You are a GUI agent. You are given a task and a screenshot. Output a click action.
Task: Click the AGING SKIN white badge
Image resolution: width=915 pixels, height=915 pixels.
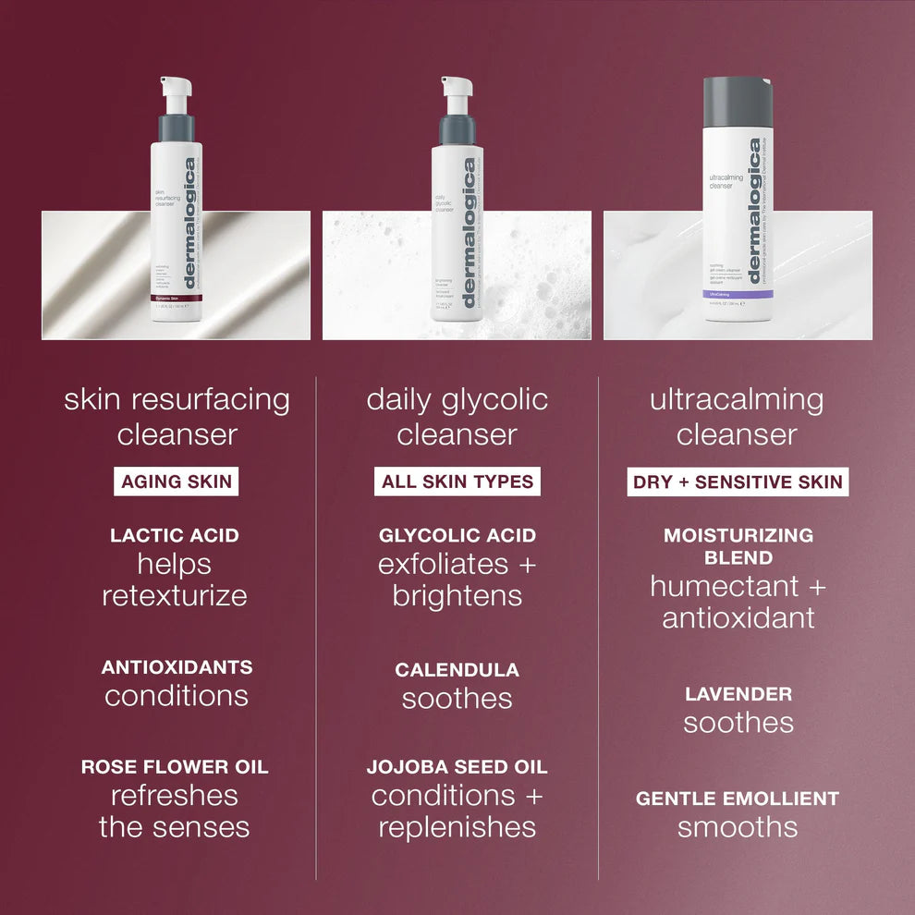click(177, 482)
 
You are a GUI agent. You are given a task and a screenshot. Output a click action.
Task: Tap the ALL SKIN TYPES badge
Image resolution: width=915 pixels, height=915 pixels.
click(457, 482)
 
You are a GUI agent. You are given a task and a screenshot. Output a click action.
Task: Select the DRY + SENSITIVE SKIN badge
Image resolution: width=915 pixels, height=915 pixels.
click(738, 482)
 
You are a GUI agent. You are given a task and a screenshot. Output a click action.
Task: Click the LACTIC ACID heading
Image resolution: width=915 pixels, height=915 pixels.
click(175, 535)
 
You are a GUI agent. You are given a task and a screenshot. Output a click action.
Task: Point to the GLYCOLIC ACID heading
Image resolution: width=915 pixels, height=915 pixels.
click(457, 535)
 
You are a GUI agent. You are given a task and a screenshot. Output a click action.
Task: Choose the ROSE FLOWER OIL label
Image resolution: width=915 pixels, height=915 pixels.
click(175, 766)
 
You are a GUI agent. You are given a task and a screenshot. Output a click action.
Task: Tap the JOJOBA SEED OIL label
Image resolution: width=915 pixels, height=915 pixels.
click(457, 766)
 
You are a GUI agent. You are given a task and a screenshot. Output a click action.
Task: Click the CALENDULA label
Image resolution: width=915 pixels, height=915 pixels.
click(457, 669)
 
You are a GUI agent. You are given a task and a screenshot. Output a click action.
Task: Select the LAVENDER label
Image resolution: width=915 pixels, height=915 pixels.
click(738, 693)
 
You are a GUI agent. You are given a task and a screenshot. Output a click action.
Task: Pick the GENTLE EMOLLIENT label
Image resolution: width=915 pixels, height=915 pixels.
click(738, 798)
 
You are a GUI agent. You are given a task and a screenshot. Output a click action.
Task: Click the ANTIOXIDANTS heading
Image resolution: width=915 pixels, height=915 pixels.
click(177, 666)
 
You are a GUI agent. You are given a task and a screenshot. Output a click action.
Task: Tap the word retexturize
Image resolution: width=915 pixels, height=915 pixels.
click(175, 595)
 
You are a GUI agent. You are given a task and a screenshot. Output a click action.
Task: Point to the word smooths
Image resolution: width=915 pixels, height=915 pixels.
click(738, 826)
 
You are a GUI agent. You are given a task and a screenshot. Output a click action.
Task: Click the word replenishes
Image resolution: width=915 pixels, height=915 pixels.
click(457, 826)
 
